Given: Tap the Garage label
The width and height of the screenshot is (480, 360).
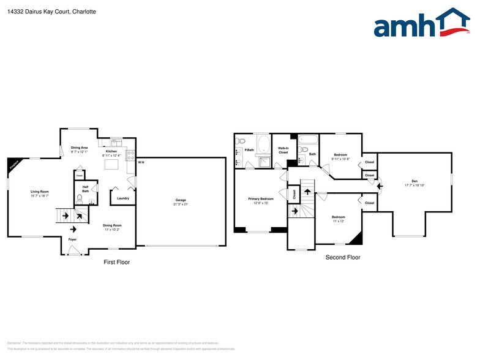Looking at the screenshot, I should point(181,200).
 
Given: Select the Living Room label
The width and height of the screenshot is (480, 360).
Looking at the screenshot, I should point(40,192).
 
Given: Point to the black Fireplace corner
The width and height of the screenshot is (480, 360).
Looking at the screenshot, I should point(12,163).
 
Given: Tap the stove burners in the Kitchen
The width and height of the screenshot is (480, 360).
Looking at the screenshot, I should point(130,156).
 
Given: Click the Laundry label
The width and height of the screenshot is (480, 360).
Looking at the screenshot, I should point(122,198).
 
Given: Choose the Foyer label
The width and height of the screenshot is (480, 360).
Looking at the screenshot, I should point(72,239).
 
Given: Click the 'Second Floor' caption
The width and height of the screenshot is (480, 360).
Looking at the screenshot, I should point(343,257).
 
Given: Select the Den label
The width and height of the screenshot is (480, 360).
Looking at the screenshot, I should point(414,181).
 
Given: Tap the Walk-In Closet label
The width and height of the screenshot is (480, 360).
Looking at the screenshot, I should point(283,150).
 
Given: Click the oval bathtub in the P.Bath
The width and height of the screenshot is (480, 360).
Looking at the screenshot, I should point(264,145).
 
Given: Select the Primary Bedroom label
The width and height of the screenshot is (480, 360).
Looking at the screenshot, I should point(261,199).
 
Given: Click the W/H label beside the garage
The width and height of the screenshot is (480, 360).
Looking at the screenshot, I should point(141,162).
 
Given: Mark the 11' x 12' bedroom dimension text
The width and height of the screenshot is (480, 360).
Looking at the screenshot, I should point(338,222).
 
